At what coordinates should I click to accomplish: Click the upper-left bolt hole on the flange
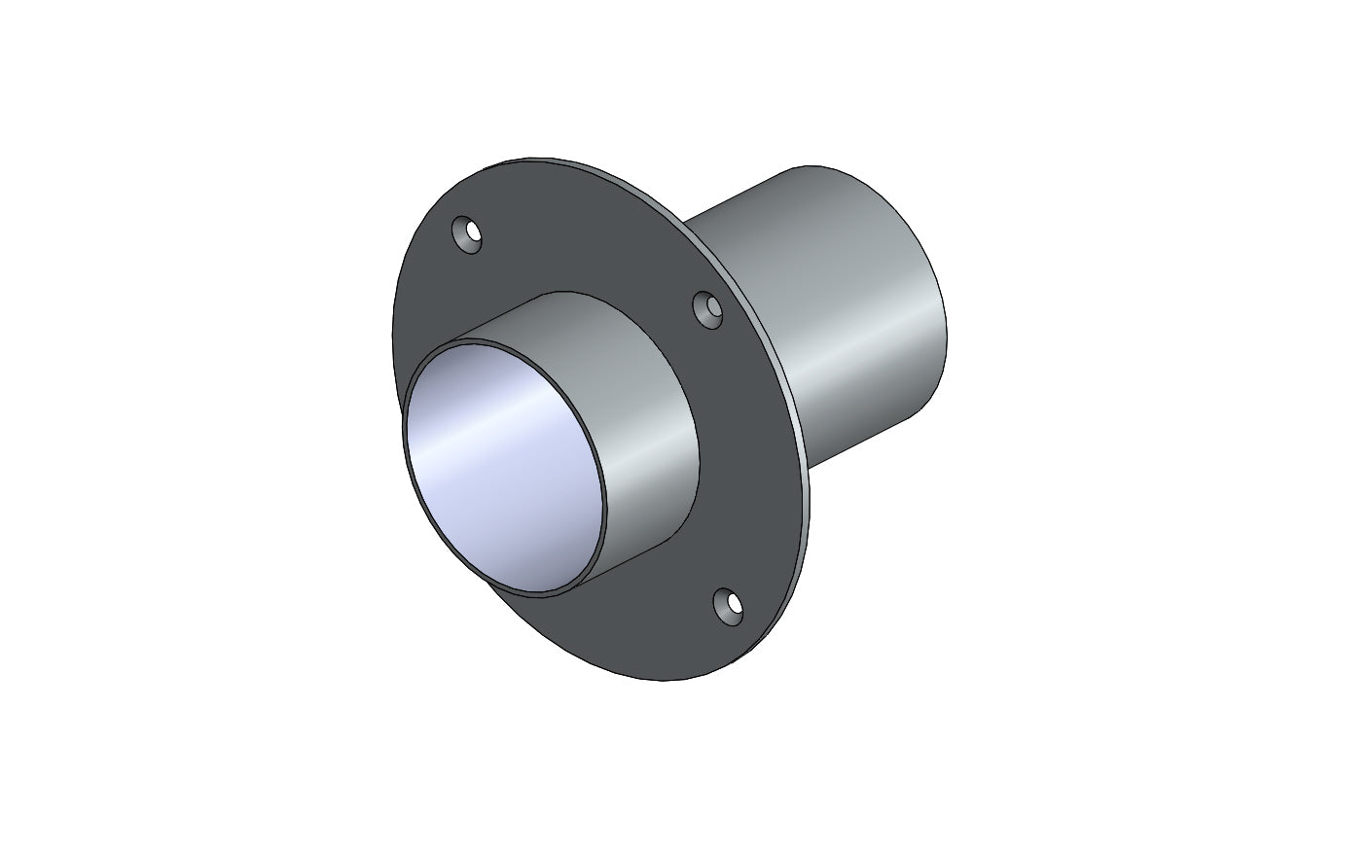click(468, 235)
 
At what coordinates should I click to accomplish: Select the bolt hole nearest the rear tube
click(709, 310)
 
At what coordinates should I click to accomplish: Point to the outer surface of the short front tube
click(642, 428)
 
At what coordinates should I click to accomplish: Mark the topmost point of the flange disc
click(530, 158)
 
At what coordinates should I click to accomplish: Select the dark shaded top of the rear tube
click(798, 195)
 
